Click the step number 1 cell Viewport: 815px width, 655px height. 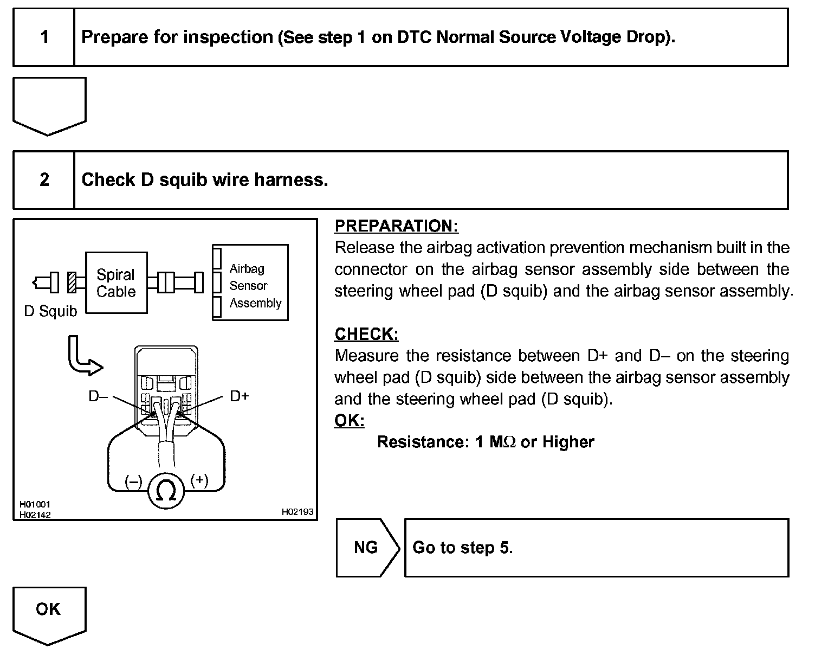44,37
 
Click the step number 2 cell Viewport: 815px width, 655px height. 44,180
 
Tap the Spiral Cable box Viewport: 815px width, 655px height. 116,282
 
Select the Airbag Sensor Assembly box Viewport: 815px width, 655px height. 250,282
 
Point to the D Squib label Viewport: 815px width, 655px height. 50,311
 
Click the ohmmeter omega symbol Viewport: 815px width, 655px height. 166,491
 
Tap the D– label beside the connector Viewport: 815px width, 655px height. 98,396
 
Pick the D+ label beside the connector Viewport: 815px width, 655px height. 240,396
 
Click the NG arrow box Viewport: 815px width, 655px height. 366,547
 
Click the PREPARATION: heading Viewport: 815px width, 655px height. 396,226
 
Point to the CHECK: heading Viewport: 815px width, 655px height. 366,334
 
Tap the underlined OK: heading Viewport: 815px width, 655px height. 349,420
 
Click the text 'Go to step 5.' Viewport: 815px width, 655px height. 462,548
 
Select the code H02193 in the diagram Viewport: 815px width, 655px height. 297,512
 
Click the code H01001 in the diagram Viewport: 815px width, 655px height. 35,504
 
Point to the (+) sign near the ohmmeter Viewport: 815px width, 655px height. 199,480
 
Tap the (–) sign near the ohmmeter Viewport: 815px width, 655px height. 133,481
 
